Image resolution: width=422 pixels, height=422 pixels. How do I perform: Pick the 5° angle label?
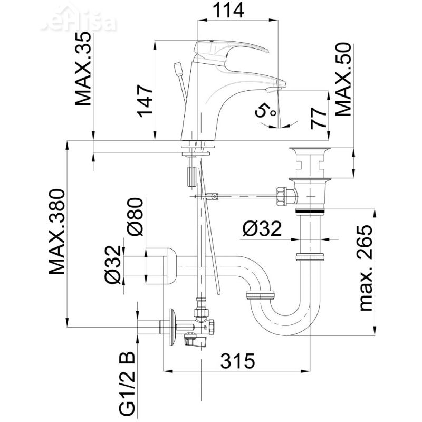(x=265, y=111)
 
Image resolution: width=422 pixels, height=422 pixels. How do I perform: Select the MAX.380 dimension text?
(x=57, y=232)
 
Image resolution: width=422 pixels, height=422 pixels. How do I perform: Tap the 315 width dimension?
(x=237, y=361)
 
